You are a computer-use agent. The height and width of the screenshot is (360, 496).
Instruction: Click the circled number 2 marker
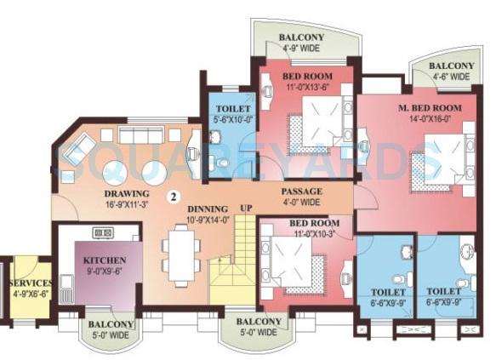pos(174,197)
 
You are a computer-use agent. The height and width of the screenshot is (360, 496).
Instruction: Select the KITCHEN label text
pos(105,260)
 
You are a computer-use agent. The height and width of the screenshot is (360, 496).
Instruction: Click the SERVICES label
pos(31,283)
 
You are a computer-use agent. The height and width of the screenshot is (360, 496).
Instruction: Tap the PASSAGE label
pos(302,191)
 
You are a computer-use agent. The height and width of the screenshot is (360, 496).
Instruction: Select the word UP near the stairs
pos(245,209)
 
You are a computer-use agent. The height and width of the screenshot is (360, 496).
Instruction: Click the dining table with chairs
pos(181,253)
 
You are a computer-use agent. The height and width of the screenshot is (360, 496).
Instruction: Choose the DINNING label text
pos(208,209)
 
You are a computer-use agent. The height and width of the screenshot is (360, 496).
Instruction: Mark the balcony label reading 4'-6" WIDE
pos(450,76)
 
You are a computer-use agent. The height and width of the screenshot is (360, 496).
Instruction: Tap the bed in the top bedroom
pos(316,122)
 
